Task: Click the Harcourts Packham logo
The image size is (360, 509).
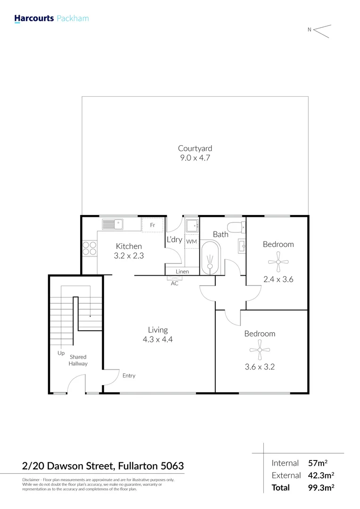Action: coord(51,19)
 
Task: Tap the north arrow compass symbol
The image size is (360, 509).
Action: coord(321,31)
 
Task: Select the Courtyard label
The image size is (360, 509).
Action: coord(191,148)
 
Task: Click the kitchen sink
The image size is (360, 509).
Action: coord(113,224)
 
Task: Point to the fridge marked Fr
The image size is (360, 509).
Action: coord(153,225)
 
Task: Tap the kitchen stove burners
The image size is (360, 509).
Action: coord(90,248)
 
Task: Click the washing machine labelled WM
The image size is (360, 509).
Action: coord(191,242)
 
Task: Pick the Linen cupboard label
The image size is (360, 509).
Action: coord(182,272)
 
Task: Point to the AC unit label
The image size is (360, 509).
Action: coord(174,283)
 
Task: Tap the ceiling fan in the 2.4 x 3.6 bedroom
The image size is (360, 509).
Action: coord(278,262)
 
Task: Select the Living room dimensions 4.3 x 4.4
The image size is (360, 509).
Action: coord(158,339)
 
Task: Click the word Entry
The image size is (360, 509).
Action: coord(129,376)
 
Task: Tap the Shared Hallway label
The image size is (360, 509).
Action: coord(78,360)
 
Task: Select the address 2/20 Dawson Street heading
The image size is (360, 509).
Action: coord(103,467)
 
